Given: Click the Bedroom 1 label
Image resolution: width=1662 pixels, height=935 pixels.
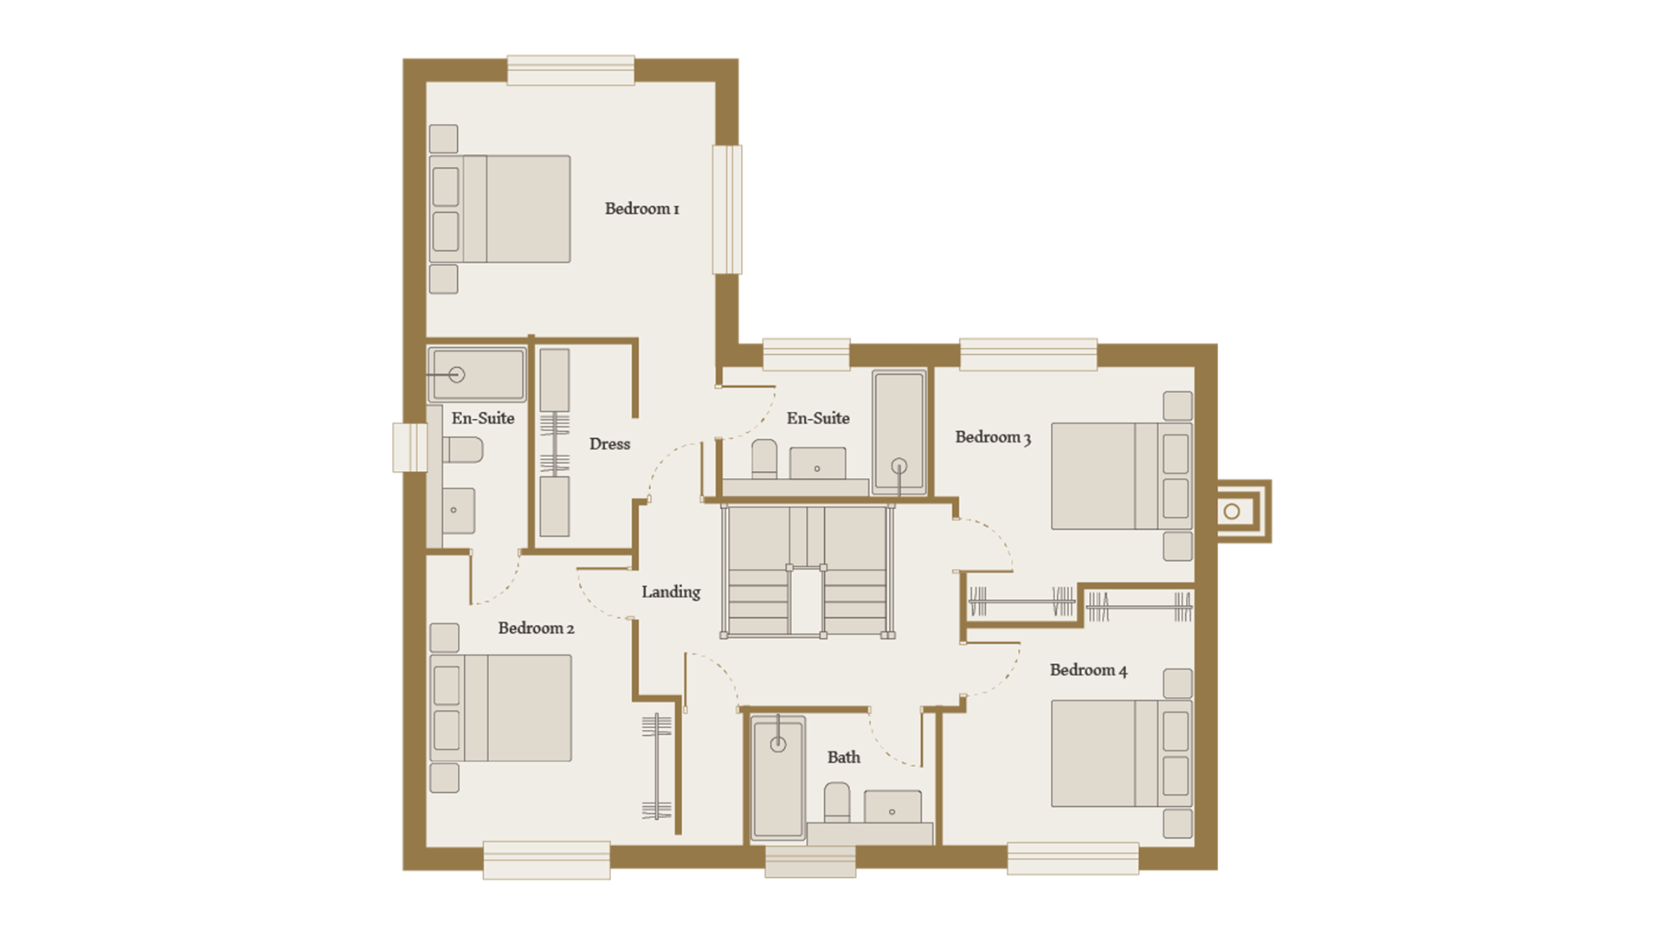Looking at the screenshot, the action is coord(641,209).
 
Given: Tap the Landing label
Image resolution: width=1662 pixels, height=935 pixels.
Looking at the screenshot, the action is coord(671,592).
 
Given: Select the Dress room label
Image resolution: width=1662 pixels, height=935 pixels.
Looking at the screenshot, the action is coord(609,444).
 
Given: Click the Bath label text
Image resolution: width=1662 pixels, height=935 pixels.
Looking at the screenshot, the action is coord(844,758).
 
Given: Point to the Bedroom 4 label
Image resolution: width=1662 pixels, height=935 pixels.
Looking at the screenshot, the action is coord(1088,670).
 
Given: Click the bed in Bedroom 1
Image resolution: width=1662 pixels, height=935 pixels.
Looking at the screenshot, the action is coord(500,209).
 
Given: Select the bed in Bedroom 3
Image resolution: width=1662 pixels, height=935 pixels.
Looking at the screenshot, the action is coord(1122,476).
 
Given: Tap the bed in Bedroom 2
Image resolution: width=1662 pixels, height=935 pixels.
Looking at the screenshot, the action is coord(500,708).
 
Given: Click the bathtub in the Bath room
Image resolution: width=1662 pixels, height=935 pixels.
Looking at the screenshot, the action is coord(778,777).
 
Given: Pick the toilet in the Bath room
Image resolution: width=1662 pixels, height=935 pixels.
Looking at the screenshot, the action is coord(837,803).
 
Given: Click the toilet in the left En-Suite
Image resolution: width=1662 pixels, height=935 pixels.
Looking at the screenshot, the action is coord(463,450).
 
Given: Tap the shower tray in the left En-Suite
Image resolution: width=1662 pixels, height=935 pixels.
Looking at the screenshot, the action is coord(477,375).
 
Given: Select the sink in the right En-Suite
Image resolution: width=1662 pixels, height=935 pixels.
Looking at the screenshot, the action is coord(817,464).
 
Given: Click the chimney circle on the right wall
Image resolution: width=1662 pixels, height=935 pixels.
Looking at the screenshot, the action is coord(1232,512).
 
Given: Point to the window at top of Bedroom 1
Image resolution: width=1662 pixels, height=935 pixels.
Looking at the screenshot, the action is coord(570,70).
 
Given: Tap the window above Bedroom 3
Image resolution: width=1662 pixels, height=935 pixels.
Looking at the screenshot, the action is coord(1028,355).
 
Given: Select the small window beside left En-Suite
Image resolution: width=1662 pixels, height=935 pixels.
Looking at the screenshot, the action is coord(410,448).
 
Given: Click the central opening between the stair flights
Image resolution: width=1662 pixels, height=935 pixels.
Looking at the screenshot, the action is coord(806,602).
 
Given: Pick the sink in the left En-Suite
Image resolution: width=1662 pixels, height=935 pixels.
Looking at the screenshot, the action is coord(459,511).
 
